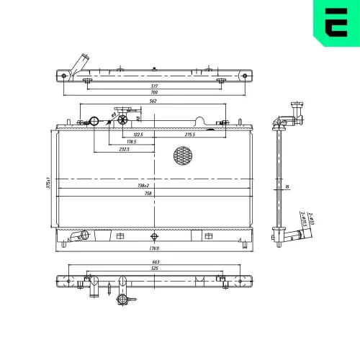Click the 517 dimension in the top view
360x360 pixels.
pos(153,87)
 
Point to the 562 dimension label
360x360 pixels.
pos(153,102)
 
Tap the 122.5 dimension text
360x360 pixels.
pos(138,135)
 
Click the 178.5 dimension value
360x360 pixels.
pos(130,142)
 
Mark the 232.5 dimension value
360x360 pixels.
pos(125,150)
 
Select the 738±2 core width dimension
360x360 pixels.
pos(153,186)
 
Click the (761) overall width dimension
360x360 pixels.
pos(153,249)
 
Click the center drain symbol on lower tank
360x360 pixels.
pos(153,235)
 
